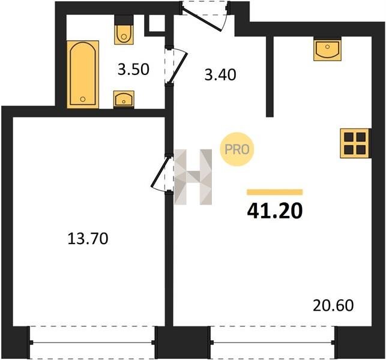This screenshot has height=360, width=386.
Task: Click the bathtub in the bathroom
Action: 83,74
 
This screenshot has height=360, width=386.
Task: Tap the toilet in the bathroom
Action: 124,34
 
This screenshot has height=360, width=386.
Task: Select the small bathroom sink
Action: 124,99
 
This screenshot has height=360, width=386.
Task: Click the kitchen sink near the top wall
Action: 327,50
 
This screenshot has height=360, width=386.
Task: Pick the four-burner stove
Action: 355,143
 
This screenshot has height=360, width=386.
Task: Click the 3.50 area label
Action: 133,70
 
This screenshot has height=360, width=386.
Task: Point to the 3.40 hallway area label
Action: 220,75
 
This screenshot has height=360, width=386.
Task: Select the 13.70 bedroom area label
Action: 88,239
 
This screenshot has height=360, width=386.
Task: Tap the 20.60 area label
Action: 333,305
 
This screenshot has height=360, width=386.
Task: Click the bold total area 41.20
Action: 275,211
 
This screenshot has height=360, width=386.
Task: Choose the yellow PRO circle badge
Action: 237,149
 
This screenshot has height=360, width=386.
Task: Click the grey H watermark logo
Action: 193,177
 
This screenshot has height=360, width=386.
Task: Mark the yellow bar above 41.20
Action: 275,192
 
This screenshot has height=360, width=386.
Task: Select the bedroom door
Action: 160,173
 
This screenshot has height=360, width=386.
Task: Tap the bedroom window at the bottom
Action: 92,342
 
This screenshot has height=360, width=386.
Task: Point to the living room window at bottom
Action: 273,342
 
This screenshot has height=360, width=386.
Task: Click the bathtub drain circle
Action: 83,99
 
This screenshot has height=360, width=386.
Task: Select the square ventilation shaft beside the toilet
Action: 157,23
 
